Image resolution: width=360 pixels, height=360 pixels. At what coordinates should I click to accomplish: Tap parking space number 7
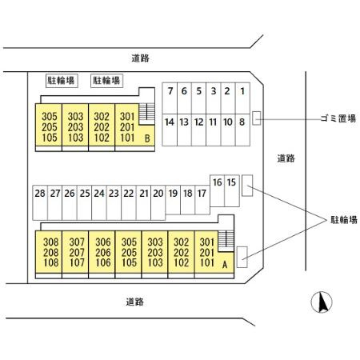click(170, 91)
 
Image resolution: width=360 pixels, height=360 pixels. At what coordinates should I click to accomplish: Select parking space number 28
click(39, 193)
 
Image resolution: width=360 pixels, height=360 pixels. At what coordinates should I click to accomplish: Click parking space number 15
click(231, 183)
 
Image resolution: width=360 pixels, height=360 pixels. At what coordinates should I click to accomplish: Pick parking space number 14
click(169, 122)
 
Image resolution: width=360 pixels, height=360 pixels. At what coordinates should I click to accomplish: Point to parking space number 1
click(242, 91)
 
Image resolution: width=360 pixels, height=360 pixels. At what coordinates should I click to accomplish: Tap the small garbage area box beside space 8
click(257, 118)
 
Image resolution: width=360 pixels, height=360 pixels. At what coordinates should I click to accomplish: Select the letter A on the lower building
click(225, 264)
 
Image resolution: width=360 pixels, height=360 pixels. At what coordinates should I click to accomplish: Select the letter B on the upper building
click(146, 138)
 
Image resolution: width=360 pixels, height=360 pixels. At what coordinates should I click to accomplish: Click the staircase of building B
click(146, 114)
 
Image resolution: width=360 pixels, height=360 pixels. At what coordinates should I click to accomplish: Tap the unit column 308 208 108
click(51, 252)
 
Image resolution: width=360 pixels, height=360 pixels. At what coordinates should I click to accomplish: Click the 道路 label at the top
click(142, 58)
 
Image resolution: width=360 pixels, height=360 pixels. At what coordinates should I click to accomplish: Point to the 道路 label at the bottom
click(134, 302)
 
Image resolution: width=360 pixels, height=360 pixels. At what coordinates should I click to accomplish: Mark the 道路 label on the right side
click(286, 158)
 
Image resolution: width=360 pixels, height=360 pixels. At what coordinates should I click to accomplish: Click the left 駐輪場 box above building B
click(61, 80)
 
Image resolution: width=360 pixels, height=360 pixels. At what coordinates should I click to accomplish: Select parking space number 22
click(129, 193)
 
